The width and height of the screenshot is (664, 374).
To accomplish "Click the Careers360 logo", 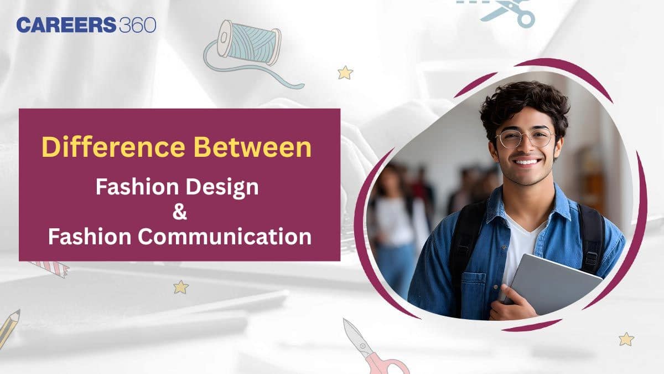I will pos(86,25).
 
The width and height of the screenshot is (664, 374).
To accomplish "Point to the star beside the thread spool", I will pos(345,72).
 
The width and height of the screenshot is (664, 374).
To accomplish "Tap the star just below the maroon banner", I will pos(180,286).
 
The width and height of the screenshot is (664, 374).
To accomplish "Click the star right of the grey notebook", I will pos(626,339).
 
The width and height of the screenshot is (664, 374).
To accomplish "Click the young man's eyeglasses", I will pos(524,139).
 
